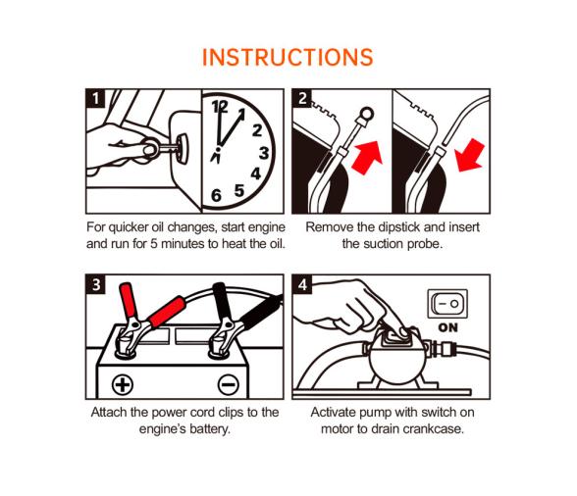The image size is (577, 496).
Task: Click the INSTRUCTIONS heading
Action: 288,58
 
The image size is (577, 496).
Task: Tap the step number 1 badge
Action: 96,99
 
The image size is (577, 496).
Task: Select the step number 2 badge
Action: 302,99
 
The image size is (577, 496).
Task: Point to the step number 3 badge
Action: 96,284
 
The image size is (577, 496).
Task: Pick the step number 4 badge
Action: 302,284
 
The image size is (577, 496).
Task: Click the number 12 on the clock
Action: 220,107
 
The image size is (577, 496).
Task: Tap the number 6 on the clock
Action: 216,195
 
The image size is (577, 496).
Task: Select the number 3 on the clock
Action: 264,153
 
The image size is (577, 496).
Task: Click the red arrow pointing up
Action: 367,158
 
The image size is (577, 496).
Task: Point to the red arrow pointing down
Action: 469,156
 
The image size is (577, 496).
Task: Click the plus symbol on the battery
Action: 122,384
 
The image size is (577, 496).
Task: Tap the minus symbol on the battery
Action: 228,384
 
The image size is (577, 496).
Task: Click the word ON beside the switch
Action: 447,327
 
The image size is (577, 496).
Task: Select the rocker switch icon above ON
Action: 447,304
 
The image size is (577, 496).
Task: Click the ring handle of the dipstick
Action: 367,114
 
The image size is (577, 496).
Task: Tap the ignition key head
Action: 183,148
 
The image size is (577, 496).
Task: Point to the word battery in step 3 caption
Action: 210,429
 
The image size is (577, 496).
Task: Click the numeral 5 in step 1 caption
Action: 154,244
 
